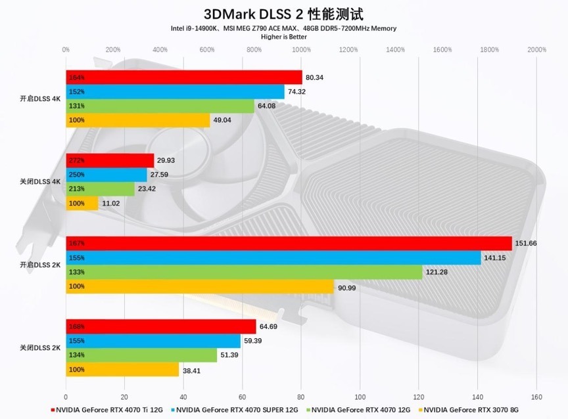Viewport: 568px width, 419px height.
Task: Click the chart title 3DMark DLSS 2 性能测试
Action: coord(284,14)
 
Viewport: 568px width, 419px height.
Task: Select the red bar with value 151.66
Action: coord(289,244)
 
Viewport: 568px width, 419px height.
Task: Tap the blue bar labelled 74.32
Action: coord(175,92)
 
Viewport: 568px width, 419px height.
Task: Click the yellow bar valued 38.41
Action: coord(122,370)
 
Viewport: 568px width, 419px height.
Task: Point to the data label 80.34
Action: coord(315,77)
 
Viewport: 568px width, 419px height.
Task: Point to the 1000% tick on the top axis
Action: coord(301,49)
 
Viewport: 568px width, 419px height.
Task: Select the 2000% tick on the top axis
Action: coord(536,49)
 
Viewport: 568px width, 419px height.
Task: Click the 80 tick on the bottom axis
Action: coord(301,397)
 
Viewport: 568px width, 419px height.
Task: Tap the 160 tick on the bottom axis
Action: coord(536,397)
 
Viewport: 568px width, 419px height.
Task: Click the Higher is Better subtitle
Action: coord(284,37)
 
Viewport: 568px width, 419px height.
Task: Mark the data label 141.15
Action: coord(496,258)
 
